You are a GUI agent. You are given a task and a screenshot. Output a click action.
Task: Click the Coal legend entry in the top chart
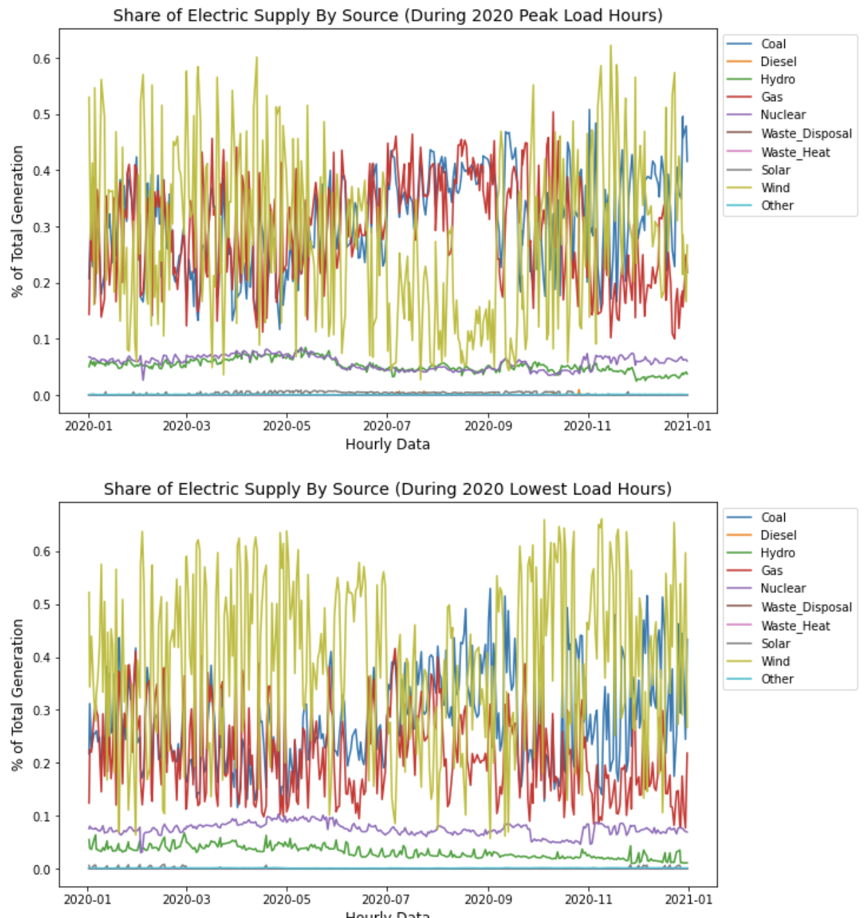click(x=773, y=44)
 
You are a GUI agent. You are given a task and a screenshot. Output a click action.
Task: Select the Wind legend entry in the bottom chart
click(x=775, y=661)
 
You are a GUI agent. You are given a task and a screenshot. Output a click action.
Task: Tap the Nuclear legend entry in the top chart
click(x=783, y=114)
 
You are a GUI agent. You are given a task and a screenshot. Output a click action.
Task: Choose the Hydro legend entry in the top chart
click(x=777, y=80)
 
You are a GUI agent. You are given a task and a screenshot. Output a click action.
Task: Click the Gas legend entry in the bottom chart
click(x=772, y=571)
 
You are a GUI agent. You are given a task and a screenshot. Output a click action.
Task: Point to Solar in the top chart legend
click(x=776, y=170)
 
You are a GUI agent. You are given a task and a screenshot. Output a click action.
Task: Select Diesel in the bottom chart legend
click(x=779, y=535)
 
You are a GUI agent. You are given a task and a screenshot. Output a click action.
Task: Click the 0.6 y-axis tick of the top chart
click(x=42, y=59)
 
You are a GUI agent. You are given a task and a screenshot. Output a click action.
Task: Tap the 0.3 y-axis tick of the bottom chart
click(x=42, y=710)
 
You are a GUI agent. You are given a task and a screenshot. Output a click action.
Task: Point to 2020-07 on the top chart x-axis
click(x=386, y=425)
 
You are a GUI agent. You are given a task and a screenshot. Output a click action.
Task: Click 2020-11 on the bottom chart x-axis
click(x=587, y=899)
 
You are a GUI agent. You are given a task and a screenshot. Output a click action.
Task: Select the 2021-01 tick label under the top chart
click(x=687, y=425)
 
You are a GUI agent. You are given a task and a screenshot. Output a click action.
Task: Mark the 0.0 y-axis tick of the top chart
click(x=42, y=396)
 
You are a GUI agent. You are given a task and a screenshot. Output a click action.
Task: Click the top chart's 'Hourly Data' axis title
click(x=388, y=444)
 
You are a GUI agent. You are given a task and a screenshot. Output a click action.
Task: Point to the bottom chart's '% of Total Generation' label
click(x=17, y=695)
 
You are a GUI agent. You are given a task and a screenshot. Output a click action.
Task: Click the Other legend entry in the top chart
click(x=777, y=206)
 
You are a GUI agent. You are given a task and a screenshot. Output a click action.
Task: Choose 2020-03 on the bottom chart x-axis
click(x=187, y=899)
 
